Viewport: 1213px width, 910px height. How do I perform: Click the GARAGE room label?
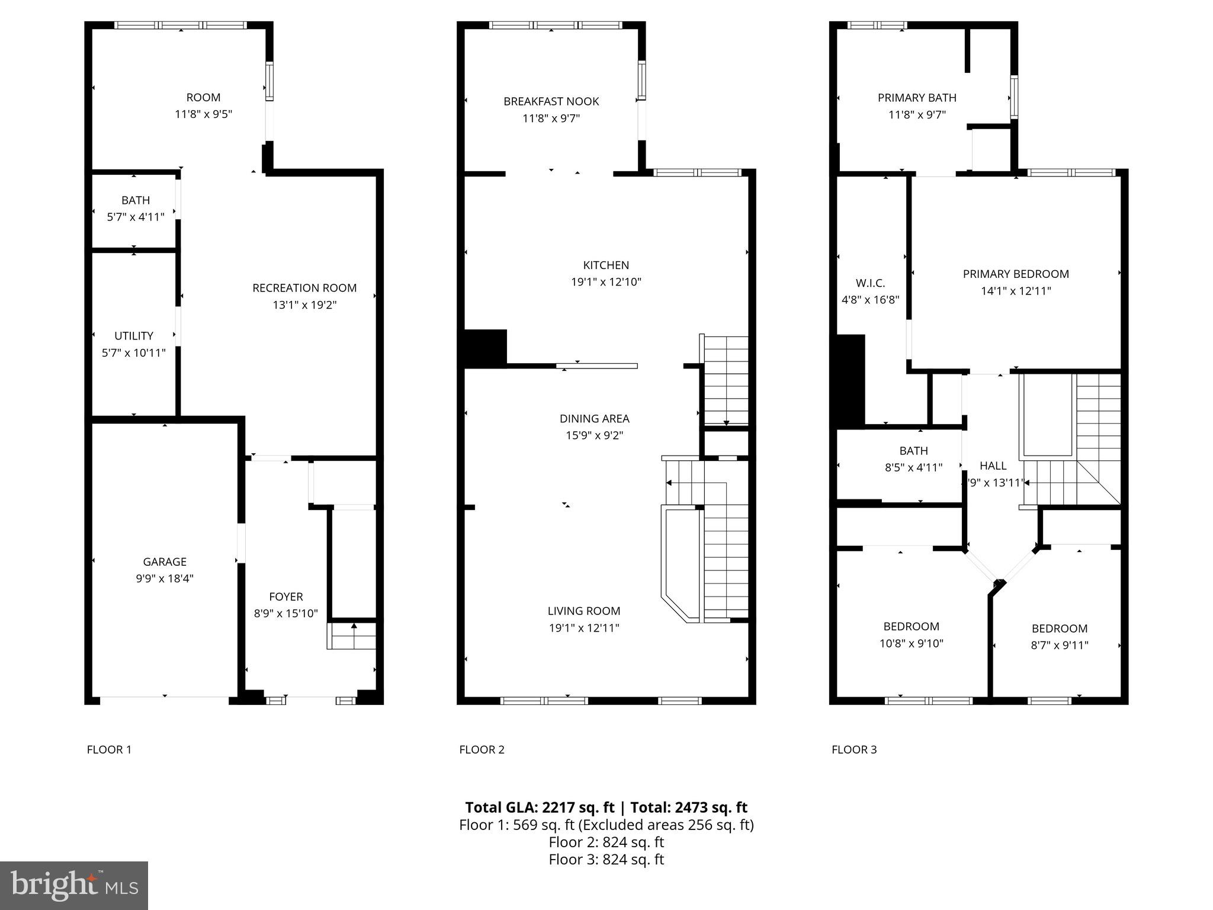[165, 562]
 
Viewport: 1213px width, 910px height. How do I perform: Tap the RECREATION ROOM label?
[304, 288]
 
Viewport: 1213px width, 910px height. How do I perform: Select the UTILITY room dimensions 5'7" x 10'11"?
[134, 353]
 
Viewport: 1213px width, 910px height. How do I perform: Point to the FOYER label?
[286, 597]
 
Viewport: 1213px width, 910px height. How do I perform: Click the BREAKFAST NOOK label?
[551, 101]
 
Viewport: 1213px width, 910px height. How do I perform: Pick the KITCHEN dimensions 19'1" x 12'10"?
[606, 282]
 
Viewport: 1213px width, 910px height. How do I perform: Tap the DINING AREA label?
[594, 418]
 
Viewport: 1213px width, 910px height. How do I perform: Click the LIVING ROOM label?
[584, 611]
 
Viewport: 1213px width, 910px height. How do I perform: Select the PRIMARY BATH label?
[917, 98]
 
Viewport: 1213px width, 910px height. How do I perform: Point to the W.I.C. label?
[870, 283]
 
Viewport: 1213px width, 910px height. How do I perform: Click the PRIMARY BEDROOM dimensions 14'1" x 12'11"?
[1016, 291]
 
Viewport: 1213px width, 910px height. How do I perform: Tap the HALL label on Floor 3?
[993, 466]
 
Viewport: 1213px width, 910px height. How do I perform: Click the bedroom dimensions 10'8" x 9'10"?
[911, 643]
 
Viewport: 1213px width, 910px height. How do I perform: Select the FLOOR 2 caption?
[482, 749]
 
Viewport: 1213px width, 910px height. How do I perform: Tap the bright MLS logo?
[74, 885]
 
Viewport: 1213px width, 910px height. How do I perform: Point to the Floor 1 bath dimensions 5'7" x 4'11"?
[136, 217]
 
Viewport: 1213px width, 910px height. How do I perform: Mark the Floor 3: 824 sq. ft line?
[606, 859]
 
